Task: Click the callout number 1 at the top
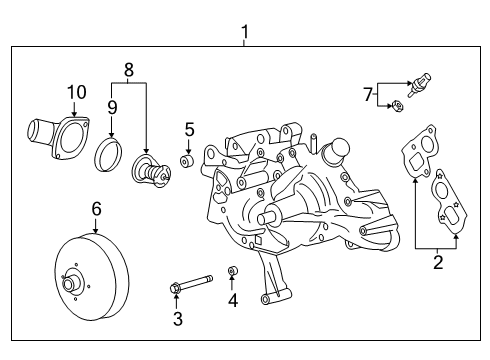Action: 245,33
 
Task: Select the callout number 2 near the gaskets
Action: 437,263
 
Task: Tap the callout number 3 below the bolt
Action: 178,319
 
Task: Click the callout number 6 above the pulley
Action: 97,208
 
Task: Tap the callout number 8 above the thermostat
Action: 128,71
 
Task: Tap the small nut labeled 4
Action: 232,270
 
